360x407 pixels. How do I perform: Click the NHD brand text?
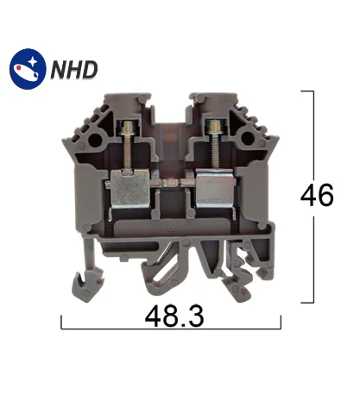(73, 68)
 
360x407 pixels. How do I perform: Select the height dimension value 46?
(316, 196)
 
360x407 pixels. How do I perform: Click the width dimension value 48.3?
(171, 318)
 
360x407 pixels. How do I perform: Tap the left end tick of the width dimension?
(62, 322)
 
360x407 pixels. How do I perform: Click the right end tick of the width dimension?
(281, 322)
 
